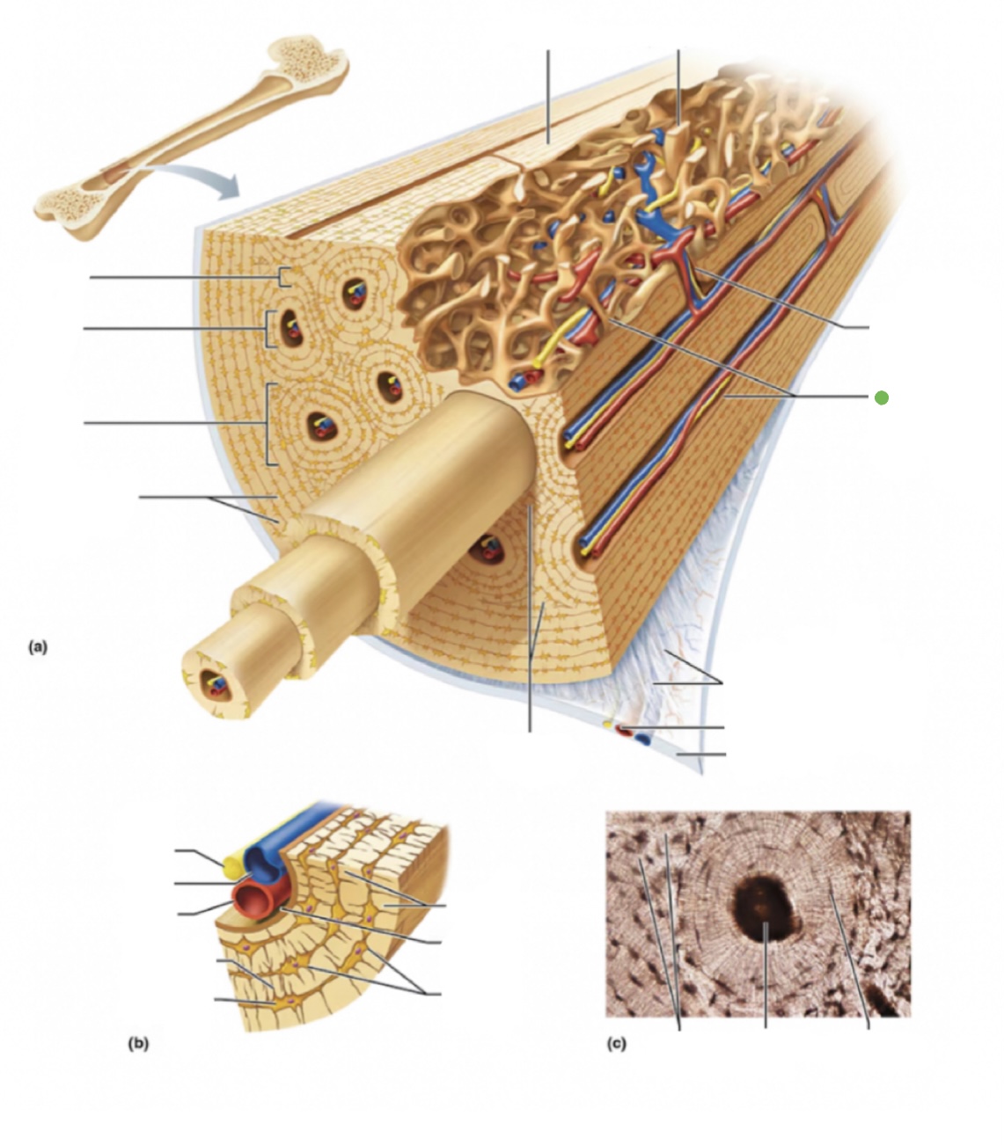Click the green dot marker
(x=882, y=397)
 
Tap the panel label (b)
(x=138, y=1044)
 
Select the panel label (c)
(x=617, y=1044)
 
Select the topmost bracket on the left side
(x=282, y=277)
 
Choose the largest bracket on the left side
(x=267, y=423)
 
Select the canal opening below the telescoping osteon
(x=483, y=551)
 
